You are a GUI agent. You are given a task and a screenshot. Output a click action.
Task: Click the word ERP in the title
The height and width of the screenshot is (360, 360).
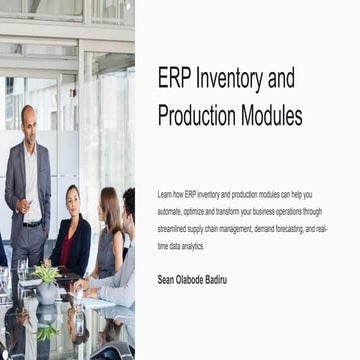176,78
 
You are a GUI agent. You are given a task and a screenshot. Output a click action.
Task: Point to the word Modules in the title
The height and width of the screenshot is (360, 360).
273,115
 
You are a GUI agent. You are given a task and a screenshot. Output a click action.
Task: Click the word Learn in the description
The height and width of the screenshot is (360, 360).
165,191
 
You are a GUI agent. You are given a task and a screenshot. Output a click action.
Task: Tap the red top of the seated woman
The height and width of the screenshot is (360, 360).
69,244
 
